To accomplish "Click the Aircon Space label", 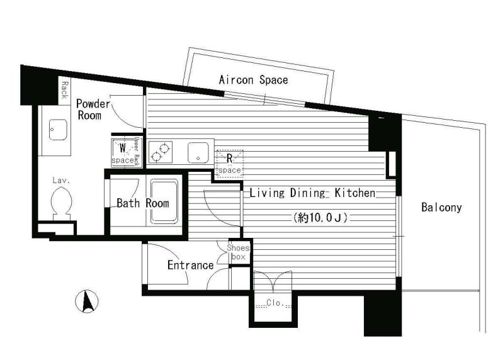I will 253,80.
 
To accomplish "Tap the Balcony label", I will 441,207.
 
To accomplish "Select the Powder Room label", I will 93,110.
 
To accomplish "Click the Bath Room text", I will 142,203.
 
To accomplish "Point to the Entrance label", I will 190,265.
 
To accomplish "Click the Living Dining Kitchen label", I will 312,193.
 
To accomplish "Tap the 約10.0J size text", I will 320,218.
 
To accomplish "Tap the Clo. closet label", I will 273,302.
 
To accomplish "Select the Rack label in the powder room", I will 64,90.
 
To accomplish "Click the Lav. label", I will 60,181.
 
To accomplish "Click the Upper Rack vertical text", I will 137,151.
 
